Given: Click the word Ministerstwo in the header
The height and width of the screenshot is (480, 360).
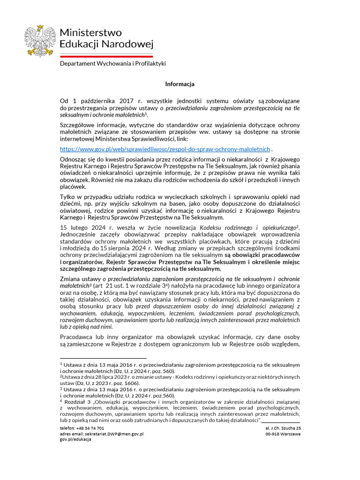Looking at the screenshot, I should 90,33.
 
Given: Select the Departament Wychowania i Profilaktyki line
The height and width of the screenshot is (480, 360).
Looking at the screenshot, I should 112,63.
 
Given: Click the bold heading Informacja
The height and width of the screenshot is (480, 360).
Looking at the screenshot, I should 180,84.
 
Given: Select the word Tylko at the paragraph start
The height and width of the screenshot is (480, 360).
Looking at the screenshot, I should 67,197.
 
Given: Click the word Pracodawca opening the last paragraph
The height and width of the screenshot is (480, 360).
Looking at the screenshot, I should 77,337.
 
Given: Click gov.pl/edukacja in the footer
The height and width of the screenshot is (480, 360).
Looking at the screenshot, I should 75,440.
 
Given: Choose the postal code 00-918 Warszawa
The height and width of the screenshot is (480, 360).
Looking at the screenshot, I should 283,434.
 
